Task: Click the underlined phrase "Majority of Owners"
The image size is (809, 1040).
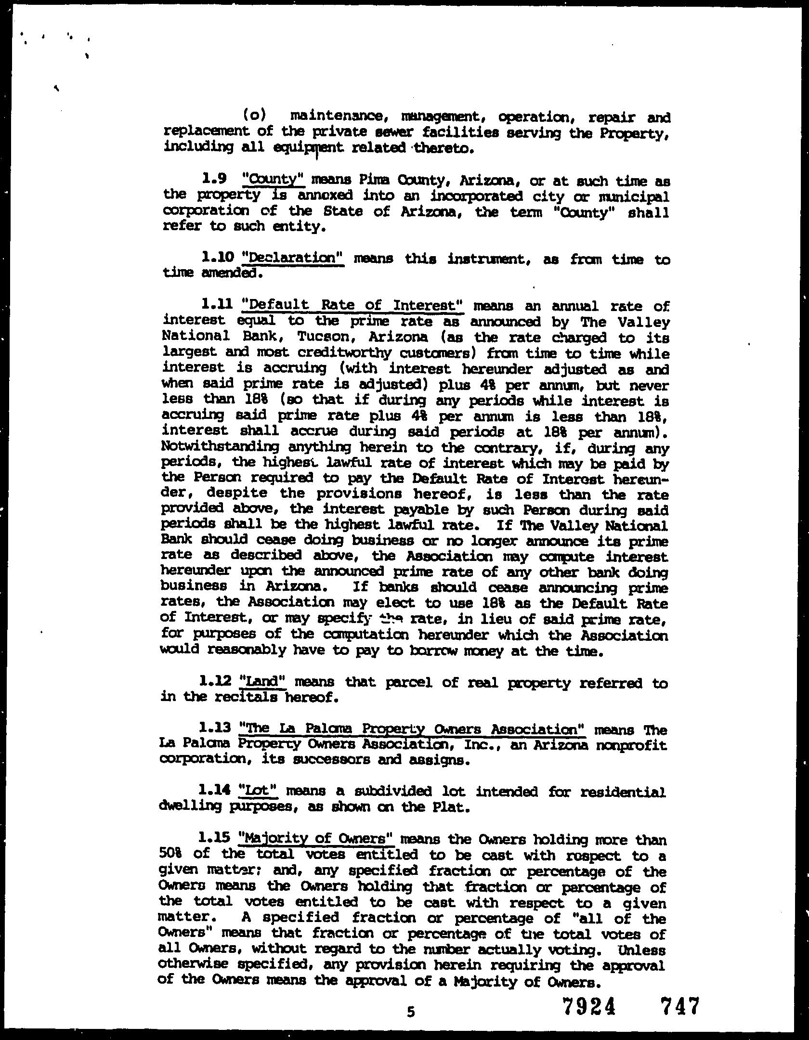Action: [x=317, y=839]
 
